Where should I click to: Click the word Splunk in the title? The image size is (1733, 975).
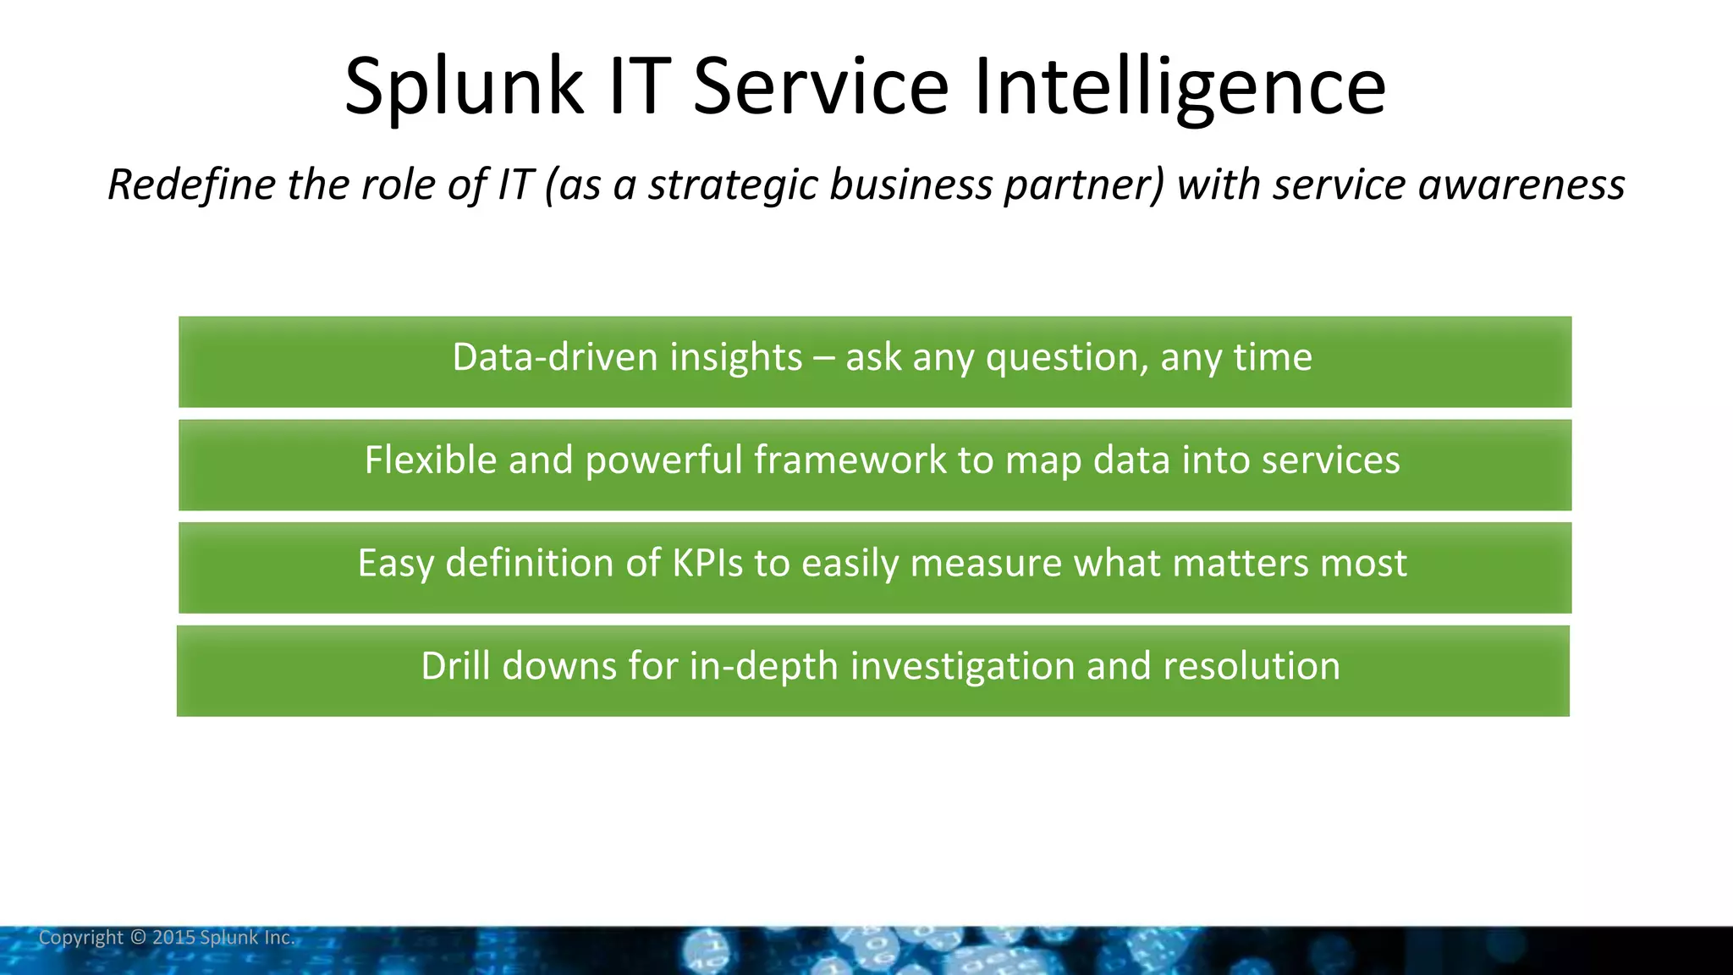464,86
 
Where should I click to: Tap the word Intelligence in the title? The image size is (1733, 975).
1180,86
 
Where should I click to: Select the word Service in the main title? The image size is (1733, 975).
821,86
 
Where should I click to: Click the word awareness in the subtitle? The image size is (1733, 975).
1521,185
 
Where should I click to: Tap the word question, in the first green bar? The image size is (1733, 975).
1067,357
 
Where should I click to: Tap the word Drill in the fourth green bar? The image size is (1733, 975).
455,666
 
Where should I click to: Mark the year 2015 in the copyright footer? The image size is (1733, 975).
173,938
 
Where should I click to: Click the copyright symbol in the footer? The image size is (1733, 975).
138,938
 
